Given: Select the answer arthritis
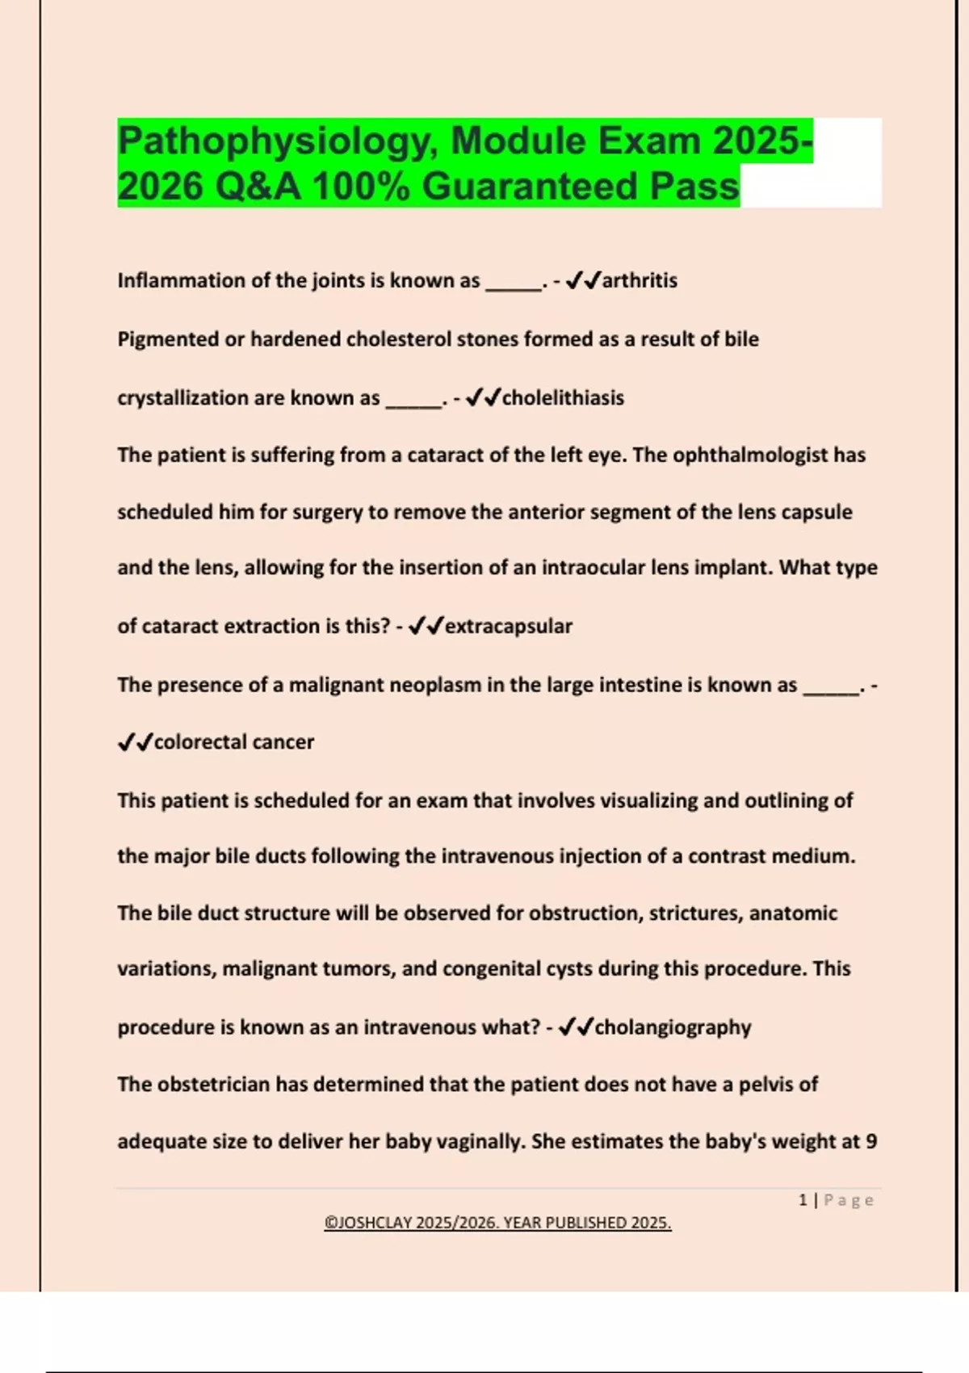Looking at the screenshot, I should [640, 281].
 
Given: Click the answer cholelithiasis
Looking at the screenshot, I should [563, 398].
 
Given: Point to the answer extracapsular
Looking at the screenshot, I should [509, 627].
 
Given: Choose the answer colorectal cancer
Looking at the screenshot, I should [233, 742].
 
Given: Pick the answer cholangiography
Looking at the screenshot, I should [673, 1027].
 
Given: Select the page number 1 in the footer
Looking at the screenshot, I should [803, 1200].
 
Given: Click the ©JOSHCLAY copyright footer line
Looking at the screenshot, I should [497, 1223].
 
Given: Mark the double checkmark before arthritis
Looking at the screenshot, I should [583, 281].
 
